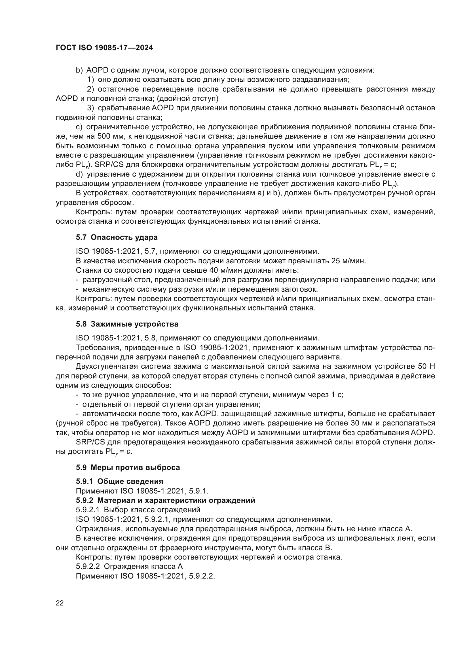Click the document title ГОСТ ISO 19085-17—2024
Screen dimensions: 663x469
(104, 48)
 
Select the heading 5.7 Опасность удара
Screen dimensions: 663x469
(117, 237)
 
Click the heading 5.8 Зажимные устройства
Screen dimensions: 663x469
(127, 324)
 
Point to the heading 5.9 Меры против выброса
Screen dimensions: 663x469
(128, 467)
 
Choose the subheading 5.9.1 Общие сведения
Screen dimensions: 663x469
(119, 481)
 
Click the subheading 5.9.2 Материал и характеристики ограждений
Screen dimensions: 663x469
(165, 500)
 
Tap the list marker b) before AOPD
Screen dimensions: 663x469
(79, 70)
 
